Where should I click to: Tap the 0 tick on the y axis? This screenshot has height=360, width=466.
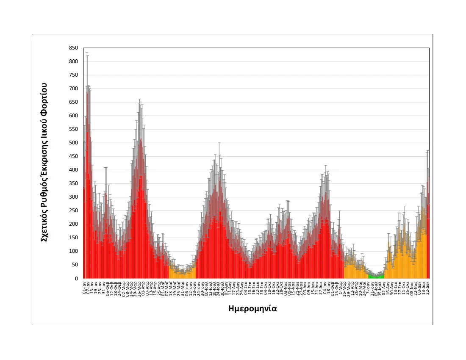[x=76, y=278]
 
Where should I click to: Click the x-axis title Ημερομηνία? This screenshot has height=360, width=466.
[x=252, y=308]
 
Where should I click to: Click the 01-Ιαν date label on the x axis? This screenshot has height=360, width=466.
[x=85, y=287]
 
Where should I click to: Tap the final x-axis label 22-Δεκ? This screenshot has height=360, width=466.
[x=428, y=287]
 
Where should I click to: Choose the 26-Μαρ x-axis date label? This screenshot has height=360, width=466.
[x=139, y=287]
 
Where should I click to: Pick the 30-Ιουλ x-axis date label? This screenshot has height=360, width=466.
[x=222, y=287]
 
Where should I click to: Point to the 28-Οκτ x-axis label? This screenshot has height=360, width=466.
[x=282, y=287]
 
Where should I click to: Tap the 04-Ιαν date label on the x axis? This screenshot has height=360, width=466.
[x=325, y=287]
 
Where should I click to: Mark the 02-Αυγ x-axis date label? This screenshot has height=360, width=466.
[x=384, y=287]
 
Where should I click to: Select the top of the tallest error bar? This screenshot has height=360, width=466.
[x=87, y=53]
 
